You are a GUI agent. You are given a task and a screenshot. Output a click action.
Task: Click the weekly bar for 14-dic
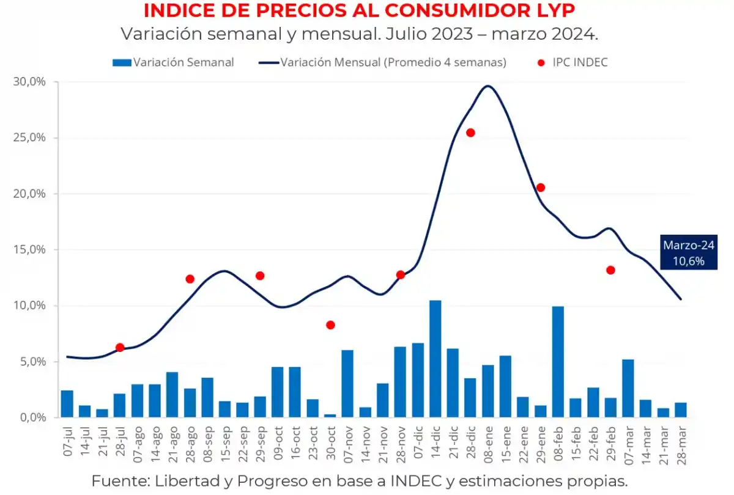click(x=435, y=359)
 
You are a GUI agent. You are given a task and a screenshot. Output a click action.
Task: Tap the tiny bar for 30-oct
click(x=330, y=416)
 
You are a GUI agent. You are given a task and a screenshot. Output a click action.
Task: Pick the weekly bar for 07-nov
click(x=347, y=384)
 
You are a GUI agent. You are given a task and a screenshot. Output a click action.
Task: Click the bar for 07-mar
click(x=628, y=388)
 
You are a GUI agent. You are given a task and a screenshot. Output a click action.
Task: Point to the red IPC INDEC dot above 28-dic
click(x=470, y=133)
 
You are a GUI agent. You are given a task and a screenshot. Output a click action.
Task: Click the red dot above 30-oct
click(x=330, y=325)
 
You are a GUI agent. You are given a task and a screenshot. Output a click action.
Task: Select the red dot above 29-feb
click(x=610, y=270)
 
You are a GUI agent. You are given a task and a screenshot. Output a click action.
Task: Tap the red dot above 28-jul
click(x=120, y=348)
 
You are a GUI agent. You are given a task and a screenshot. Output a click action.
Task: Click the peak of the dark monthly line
click(x=487, y=86)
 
